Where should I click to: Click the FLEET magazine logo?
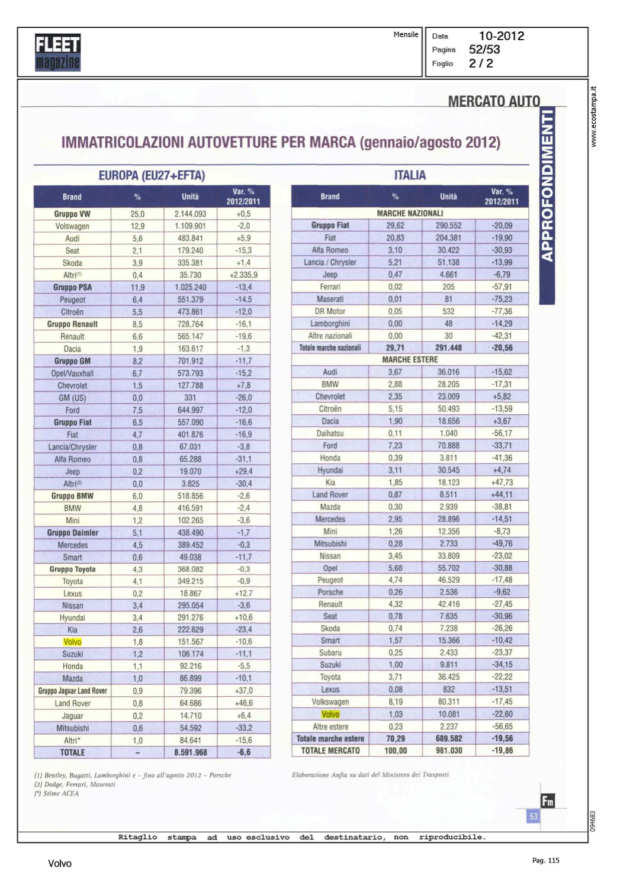click(x=57, y=52)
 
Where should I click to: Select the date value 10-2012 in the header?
click(x=501, y=36)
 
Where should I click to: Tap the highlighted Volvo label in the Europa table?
click(x=72, y=642)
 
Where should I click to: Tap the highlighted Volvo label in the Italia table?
click(x=330, y=715)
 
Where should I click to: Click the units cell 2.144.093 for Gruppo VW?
click(x=190, y=214)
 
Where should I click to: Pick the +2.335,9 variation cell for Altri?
click(x=243, y=275)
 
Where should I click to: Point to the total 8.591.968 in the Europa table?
click(x=190, y=752)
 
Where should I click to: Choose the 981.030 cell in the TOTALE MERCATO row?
click(x=448, y=751)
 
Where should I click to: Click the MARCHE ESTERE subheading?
click(x=410, y=360)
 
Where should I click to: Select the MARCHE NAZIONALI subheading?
click(x=410, y=213)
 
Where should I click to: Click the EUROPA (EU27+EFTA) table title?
click(x=152, y=176)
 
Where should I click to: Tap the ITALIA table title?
click(x=410, y=175)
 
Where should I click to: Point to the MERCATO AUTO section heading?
click(x=494, y=101)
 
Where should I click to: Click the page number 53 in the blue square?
click(x=533, y=817)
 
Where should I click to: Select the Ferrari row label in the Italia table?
click(x=330, y=287)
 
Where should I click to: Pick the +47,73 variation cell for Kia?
click(x=502, y=482)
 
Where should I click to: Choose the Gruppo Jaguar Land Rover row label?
click(x=73, y=691)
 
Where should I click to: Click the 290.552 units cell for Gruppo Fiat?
click(x=448, y=226)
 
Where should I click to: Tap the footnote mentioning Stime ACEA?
click(x=61, y=794)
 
